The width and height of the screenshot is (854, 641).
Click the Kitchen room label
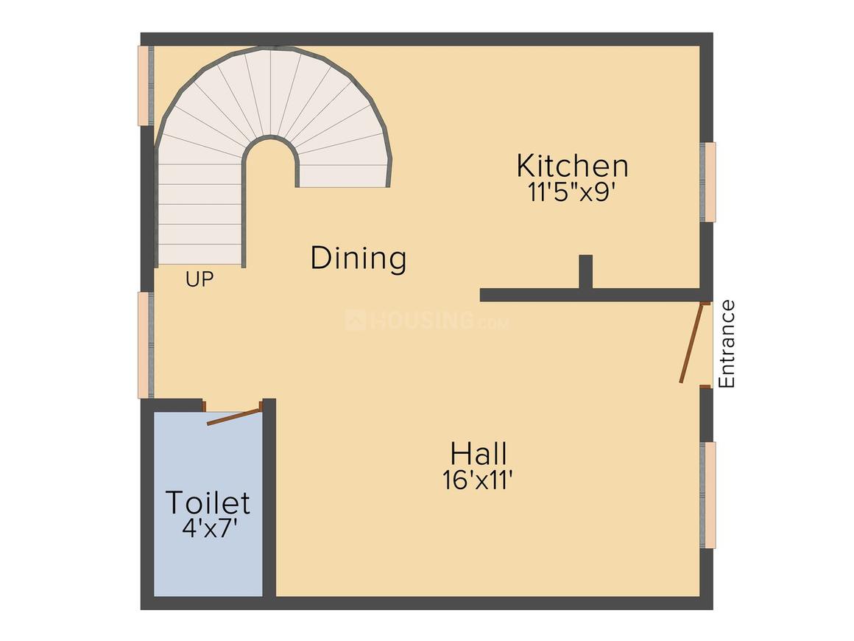coord(572,166)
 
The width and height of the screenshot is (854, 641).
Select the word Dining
coord(359,259)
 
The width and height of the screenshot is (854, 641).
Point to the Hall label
coord(479,452)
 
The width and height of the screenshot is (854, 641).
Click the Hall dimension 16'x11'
coord(477,480)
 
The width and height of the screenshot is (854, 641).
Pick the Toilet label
coord(208,502)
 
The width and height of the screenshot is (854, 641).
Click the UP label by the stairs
coord(200,280)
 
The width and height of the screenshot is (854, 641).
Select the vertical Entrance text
coord(727,344)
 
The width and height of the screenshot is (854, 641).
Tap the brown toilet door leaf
coord(234,415)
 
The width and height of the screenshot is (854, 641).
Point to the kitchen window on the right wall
coord(708,181)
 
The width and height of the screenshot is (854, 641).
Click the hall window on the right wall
coord(708,494)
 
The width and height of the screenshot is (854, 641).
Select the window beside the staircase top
coord(146,85)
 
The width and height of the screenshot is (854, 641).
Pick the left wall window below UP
coord(146,345)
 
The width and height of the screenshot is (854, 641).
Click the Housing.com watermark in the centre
coord(427,320)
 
